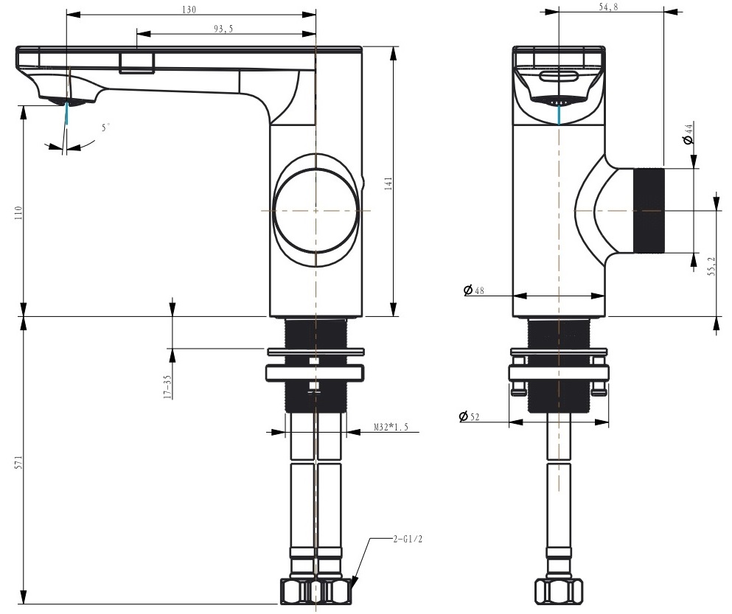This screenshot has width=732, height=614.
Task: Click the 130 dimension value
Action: (189, 9)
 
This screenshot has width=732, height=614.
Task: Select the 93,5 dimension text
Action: (223, 29)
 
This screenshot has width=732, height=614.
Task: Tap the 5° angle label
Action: (106, 128)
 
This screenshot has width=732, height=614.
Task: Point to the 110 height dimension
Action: (18, 213)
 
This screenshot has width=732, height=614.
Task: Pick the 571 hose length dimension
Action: (18, 462)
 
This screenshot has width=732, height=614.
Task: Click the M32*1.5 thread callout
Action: (391, 427)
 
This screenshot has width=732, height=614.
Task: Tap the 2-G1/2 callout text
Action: (408, 540)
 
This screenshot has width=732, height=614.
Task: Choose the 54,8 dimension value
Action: (608, 7)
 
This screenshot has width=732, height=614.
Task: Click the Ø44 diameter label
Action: (688, 133)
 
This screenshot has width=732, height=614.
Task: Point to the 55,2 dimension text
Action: (711, 266)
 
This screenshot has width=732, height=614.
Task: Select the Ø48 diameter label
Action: (474, 290)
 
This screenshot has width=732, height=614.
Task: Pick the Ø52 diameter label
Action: (469, 416)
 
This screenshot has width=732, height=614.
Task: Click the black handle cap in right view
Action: (649, 211)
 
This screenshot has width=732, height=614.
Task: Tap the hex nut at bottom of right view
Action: (559, 592)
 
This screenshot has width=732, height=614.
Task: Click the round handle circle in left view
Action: (316, 211)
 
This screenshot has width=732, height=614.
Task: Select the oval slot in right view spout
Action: (559, 76)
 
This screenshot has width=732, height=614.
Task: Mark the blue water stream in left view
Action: (67, 113)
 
